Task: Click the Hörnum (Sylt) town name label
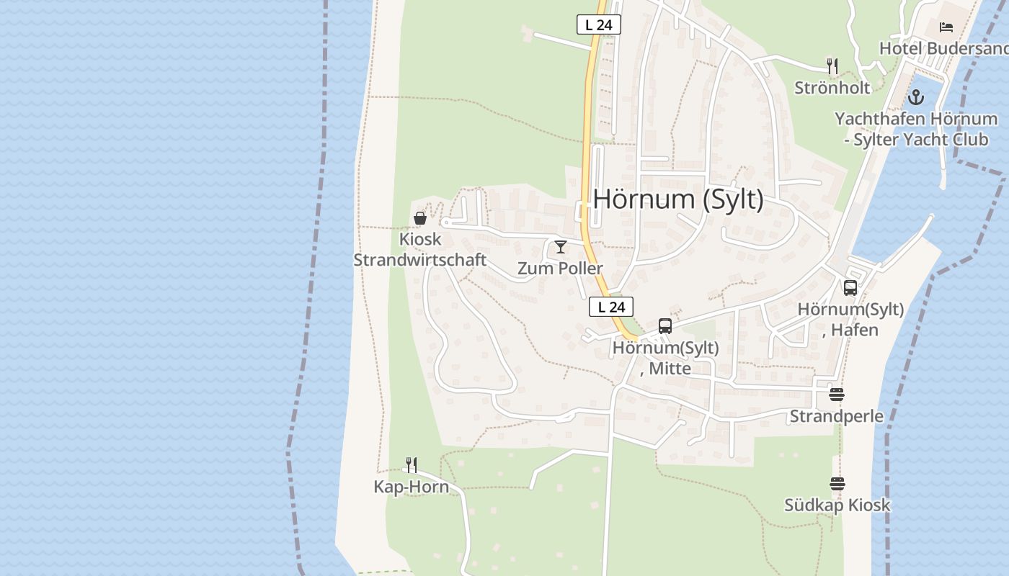(678, 199)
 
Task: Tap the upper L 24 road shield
(599, 24)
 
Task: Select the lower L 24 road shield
(611, 307)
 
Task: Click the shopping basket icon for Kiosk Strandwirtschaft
(420, 217)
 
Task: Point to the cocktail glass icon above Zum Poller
(560, 247)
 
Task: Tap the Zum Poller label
(560, 269)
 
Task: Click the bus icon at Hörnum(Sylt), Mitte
(664, 325)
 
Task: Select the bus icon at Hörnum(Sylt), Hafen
(850, 288)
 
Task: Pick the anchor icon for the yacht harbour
(916, 96)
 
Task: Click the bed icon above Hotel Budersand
(946, 27)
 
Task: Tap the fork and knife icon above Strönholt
(832, 66)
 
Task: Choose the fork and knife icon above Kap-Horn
(411, 465)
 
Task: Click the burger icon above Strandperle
(836, 395)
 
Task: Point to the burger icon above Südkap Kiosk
(837, 483)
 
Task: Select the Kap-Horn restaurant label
(411, 487)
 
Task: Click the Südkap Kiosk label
(837, 505)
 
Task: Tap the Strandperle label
(837, 416)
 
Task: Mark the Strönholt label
(832, 88)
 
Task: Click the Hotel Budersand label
(943, 48)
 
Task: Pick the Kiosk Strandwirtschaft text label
(420, 250)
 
